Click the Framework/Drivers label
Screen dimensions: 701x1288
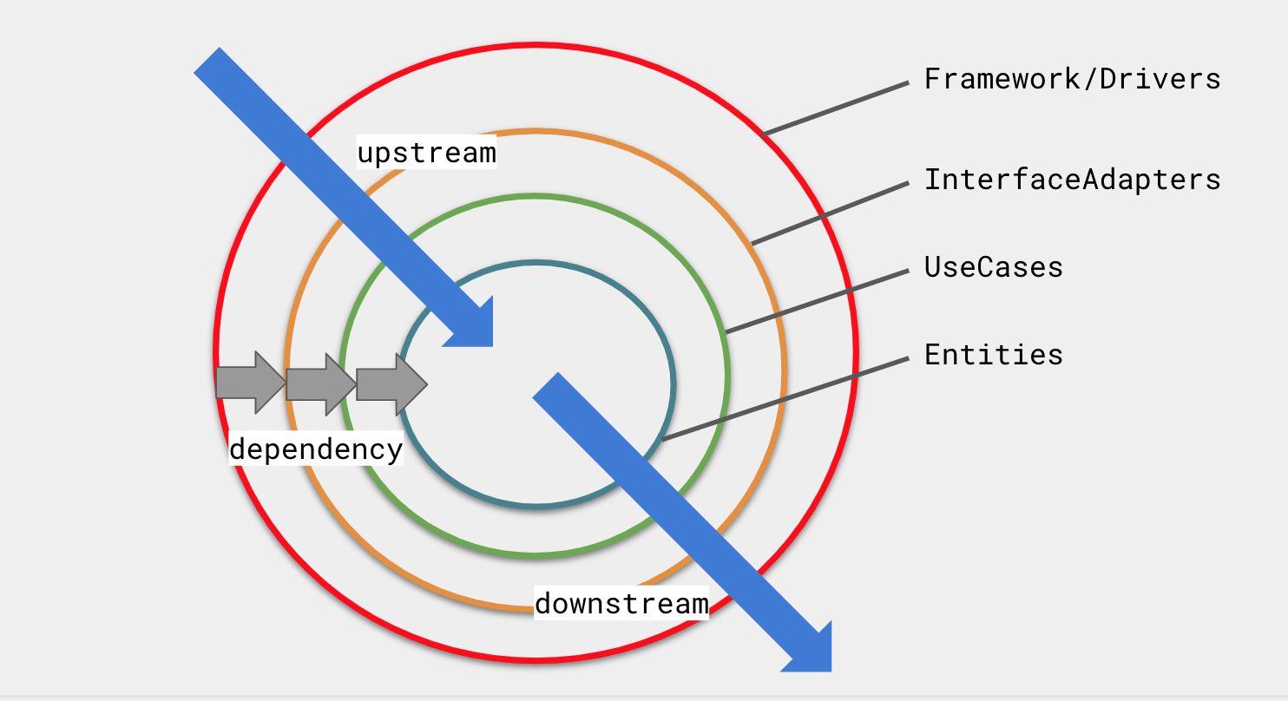coord(1072,79)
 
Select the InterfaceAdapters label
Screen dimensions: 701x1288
coord(1072,180)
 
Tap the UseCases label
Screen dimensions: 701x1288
coord(993,266)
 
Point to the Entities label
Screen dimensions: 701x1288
coord(993,355)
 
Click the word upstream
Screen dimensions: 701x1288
coord(426,154)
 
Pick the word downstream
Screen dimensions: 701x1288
coord(621,603)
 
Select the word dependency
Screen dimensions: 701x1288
coord(316,449)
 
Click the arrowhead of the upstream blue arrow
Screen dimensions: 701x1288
coord(473,326)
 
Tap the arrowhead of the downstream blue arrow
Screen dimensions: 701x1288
coord(811,651)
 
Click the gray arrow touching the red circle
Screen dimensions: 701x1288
coord(250,383)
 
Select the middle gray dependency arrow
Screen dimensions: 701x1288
coord(320,383)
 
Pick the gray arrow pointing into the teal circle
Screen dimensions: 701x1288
coord(391,383)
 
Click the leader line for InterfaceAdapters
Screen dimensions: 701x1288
coord(830,213)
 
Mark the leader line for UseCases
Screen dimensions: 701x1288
coord(816,301)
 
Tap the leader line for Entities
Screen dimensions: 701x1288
coord(785,400)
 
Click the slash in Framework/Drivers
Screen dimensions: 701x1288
coord(1088,79)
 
